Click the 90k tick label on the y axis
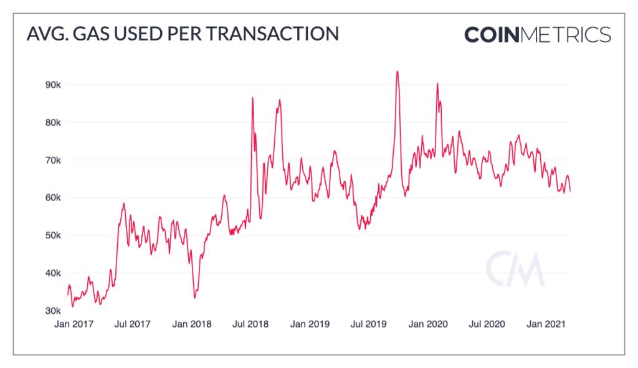click(51, 85)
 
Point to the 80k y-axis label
click(51, 123)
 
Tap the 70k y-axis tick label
click(51, 160)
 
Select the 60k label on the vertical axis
click(51, 198)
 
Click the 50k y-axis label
click(51, 235)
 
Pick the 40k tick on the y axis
click(51, 273)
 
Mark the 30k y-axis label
click(51, 311)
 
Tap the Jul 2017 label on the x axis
click(131, 324)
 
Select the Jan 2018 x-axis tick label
click(192, 324)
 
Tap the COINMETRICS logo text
click(537, 35)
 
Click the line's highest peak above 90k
click(397, 72)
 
